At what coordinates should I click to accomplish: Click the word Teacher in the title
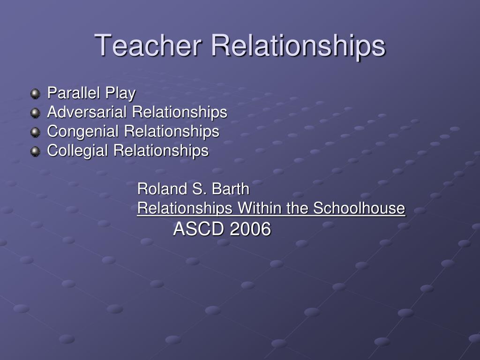pos(148,45)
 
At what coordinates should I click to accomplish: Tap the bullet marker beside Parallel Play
pos(36,93)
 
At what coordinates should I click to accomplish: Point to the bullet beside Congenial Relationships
pos(36,132)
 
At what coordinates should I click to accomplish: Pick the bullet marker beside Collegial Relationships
pos(36,151)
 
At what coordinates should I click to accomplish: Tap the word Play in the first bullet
pos(120,94)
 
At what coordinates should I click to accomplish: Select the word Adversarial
pos(87,112)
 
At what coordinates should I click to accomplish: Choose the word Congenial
pos(82,132)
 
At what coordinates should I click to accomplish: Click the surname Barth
pos(231,188)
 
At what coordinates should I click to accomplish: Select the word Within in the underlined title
pos(259,208)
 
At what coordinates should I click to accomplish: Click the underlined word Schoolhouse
pos(359,208)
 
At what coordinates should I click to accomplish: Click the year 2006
pos(250,229)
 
